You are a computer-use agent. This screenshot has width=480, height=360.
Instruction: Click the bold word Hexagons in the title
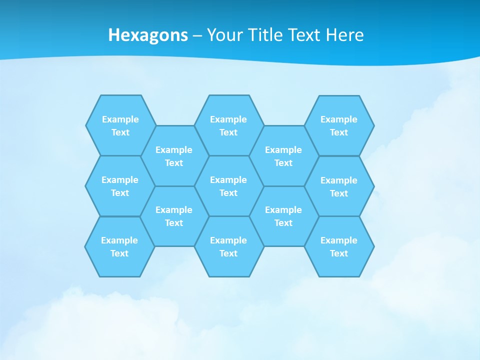148,35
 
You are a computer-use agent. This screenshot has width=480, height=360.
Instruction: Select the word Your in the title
224,35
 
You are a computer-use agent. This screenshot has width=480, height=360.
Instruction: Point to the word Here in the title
344,35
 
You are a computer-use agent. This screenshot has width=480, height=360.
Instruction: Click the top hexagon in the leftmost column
120,125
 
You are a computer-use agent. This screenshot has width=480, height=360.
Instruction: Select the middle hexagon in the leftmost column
120,186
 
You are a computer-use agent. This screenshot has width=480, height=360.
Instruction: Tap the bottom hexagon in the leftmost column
119,246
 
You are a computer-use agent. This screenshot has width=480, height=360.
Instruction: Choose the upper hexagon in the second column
174,156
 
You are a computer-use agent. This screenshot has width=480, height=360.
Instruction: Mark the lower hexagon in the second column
174,216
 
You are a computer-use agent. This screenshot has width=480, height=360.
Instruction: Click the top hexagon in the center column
228,125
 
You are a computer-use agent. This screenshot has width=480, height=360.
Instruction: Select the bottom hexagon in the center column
228,246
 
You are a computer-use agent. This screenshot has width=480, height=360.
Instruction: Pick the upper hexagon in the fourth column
283,156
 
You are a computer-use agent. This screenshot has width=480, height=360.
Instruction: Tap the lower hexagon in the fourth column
283,216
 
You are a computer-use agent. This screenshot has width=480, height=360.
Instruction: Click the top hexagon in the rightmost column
339,125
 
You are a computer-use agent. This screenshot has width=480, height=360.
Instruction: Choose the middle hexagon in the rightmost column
339,186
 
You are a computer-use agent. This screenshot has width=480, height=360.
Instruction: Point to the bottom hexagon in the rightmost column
339,246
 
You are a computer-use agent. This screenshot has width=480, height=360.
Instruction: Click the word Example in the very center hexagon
228,180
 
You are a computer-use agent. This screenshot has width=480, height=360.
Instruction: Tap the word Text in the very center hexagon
228,193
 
